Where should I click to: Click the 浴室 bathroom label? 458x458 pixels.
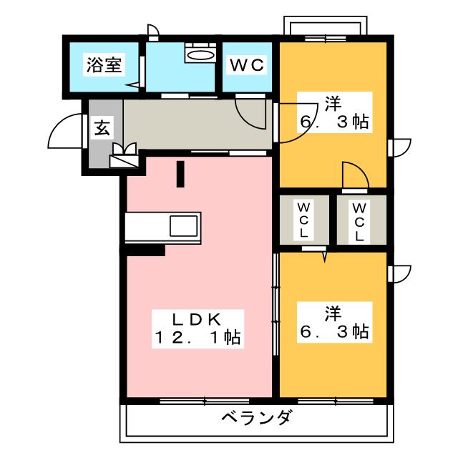pyautogui.click(x=104, y=66)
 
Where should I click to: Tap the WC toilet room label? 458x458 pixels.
pyautogui.click(x=247, y=66)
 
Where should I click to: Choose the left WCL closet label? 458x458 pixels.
pyautogui.click(x=303, y=220)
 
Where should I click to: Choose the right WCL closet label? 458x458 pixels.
pyautogui.click(x=359, y=220)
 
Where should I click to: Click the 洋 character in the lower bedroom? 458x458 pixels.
pyautogui.click(x=331, y=313)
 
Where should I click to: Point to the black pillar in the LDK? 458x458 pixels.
pyautogui.click(x=180, y=174)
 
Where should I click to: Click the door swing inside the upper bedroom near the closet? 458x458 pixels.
pyautogui.click(x=354, y=176)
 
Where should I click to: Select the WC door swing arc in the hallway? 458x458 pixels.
pyautogui.click(x=250, y=112)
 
